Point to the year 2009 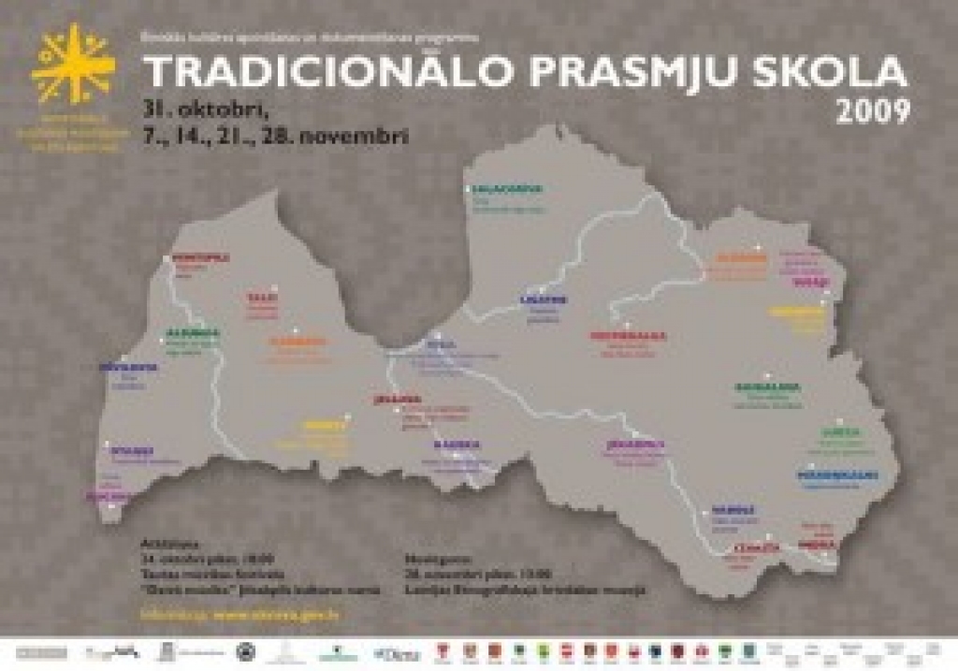[x=873, y=112]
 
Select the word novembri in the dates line [x=360, y=136]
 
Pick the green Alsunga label [x=194, y=332]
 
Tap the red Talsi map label [x=262, y=298]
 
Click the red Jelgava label [x=392, y=399]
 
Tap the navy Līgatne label [x=544, y=300]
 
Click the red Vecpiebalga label [x=627, y=334]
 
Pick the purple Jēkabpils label [x=634, y=444]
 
